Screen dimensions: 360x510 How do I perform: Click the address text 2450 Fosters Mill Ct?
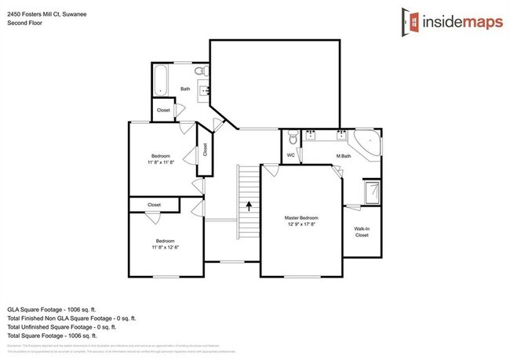click(41, 13)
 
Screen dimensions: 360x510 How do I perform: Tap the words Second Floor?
click(24, 24)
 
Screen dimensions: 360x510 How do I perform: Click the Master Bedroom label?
click(301, 217)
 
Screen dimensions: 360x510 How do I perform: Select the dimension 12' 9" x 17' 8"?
click(301, 224)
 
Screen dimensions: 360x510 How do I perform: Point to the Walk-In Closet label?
click(362, 231)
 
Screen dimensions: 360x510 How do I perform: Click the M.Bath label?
click(343, 155)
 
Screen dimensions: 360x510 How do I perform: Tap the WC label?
click(290, 155)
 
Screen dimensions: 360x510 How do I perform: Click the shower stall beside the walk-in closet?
click(373, 191)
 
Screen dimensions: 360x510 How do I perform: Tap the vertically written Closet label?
click(205, 148)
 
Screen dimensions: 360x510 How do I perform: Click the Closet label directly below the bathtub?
click(163, 111)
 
